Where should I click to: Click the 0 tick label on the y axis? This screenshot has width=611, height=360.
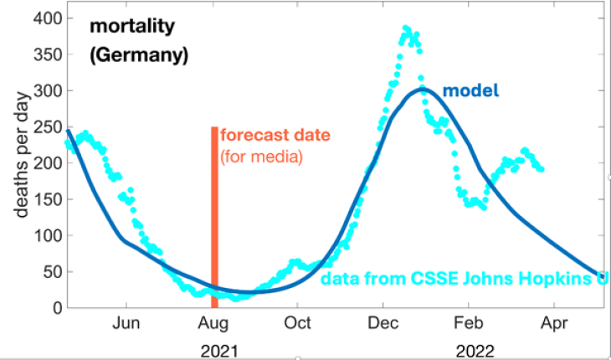[55, 308]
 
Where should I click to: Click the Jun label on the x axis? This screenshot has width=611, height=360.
[126, 323]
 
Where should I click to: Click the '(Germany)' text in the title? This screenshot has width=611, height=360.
[138, 56]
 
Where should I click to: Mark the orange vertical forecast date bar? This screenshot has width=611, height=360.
[214, 209]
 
